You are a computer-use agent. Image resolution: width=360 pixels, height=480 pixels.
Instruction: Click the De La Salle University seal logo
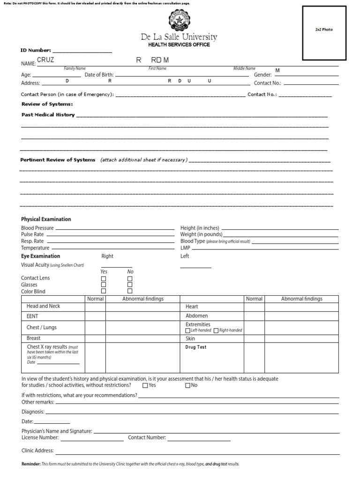(179, 21)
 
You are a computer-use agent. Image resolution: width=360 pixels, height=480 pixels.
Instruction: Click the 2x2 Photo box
(324, 33)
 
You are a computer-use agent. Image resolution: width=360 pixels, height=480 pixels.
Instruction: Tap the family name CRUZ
(46, 60)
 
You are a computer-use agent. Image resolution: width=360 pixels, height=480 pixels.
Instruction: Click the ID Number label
(36, 50)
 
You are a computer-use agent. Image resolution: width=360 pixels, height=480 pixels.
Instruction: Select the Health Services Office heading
(179, 45)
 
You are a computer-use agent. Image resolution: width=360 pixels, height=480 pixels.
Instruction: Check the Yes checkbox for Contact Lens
(104, 278)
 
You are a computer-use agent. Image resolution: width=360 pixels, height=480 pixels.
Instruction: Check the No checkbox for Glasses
(130, 285)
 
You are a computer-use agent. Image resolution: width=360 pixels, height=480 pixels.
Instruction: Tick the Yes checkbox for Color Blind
(104, 291)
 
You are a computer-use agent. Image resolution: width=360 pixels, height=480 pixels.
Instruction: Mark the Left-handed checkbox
(188, 330)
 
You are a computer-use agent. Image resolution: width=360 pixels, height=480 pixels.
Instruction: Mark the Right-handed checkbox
(216, 330)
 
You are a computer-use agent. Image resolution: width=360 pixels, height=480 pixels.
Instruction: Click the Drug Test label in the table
(196, 347)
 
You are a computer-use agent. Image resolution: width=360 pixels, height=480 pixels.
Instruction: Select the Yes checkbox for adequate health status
(145, 385)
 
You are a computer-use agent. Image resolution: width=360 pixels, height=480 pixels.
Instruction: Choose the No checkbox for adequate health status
(188, 385)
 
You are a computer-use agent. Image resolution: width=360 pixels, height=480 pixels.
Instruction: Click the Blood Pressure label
(37, 228)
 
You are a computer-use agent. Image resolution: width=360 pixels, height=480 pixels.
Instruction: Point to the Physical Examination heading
(46, 219)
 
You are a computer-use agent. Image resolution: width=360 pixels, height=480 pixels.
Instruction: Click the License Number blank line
(92, 439)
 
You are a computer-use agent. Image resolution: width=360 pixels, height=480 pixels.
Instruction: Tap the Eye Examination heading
(40, 256)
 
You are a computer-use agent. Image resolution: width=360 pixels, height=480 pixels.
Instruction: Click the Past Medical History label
(48, 114)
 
